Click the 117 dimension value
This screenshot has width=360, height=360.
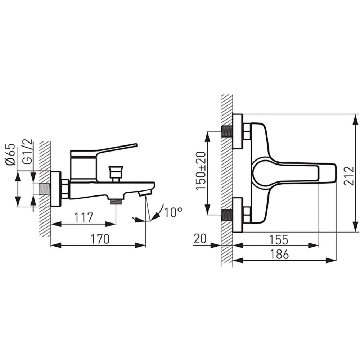pyautogui.click(x=84, y=217)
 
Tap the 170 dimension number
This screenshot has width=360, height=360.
pyautogui.click(x=100, y=239)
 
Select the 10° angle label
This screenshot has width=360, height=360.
pyautogui.click(x=174, y=212)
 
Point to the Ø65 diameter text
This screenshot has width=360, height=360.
pyautogui.click(x=10, y=154)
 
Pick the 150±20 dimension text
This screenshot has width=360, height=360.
pyautogui.click(x=201, y=171)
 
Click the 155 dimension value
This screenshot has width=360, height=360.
pyautogui.click(x=278, y=240)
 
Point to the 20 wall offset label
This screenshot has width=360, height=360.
pyautogui.click(x=200, y=239)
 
